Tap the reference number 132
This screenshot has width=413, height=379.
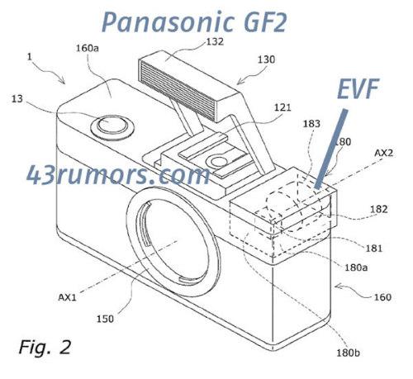[x=215, y=42]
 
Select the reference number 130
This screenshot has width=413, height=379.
[x=266, y=59]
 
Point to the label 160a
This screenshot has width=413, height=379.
[x=88, y=49]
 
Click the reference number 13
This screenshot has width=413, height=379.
[x=17, y=99]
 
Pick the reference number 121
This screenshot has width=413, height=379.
[x=282, y=107]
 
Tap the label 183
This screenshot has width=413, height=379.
[x=311, y=124]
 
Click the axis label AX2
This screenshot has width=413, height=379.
[x=383, y=153]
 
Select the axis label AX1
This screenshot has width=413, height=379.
[x=67, y=297]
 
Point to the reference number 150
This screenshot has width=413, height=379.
[x=105, y=319]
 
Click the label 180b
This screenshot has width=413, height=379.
[x=348, y=353]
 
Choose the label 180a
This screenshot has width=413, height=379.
[x=356, y=268]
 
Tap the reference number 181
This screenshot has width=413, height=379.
[x=374, y=249]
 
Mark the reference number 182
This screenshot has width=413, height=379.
[x=379, y=209]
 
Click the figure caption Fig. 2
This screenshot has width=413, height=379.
[x=45, y=348]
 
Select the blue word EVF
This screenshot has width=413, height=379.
[x=358, y=88]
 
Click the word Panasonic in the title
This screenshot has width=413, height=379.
[x=169, y=22]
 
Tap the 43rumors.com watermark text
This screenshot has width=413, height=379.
[x=118, y=175]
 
